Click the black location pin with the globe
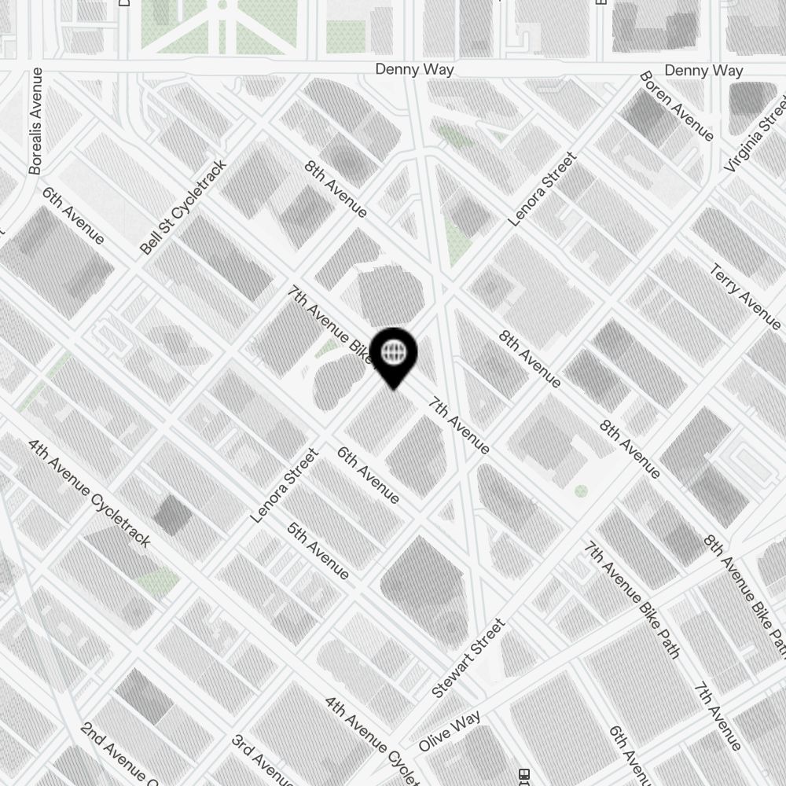coord(393,355)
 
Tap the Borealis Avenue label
coord(36,122)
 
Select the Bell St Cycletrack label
coord(183,208)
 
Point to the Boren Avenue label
coord(676,107)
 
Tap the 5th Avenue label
coord(318,550)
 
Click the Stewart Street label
coord(468,659)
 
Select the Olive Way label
coord(450,731)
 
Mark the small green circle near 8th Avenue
coord(581,491)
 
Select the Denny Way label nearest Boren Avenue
coord(703,71)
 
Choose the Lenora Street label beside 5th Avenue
coord(284,486)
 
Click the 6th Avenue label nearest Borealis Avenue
coord(72,215)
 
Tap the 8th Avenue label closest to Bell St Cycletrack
coord(336,189)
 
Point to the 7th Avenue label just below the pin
coord(459,425)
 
